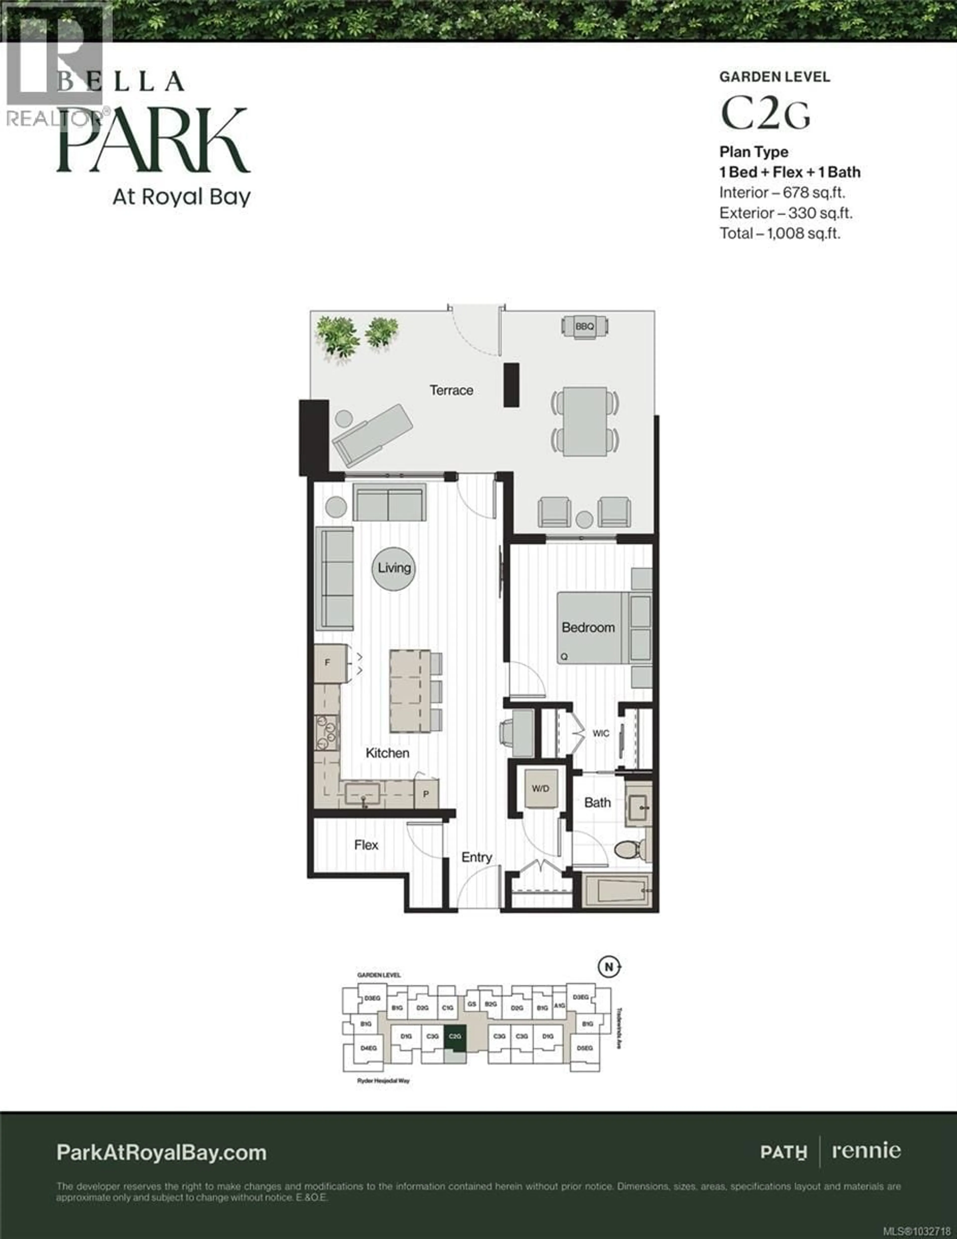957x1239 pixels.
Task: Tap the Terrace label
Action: tap(451, 390)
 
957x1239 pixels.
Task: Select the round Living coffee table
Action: tap(394, 568)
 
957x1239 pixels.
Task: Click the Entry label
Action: tap(477, 857)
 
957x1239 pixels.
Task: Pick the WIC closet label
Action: tap(601, 734)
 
